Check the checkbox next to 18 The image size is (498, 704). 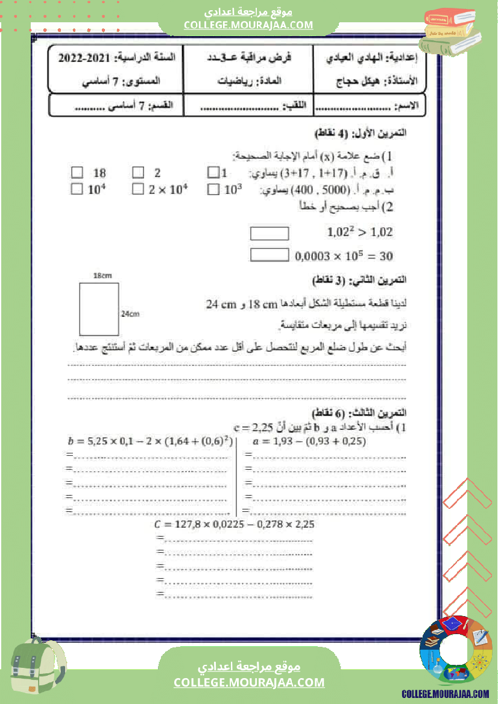pos(77,173)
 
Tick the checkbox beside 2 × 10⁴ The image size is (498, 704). pos(138,190)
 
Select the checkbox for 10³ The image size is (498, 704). pos(213,190)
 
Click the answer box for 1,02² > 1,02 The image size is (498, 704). pos(269,233)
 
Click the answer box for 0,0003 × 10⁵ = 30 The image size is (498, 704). pos(269,255)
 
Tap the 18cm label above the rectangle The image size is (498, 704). pos(102,275)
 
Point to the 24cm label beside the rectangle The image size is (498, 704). pos(130,313)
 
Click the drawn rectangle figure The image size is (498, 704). pos(99,308)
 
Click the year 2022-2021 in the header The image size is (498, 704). pos(84,58)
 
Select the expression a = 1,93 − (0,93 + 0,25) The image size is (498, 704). pos(311,441)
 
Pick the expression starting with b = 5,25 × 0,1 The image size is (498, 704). pos(150,441)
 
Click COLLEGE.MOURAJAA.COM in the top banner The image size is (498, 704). pos(248,25)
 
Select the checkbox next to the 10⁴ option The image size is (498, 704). pos(77,190)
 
